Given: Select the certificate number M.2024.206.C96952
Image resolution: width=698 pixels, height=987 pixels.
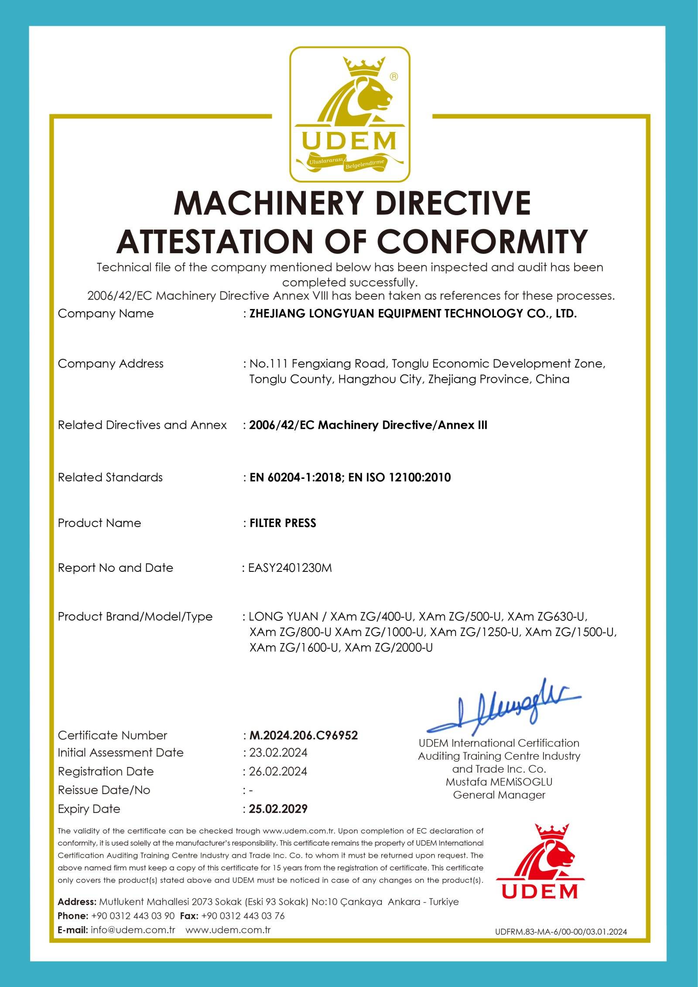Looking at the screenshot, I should point(304,736).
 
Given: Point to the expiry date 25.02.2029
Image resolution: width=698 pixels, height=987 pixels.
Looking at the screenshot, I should point(278,809).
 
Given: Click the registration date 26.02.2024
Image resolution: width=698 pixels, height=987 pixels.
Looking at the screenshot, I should point(278,771).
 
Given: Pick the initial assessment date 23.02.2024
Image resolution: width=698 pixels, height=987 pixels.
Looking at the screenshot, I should point(278,753).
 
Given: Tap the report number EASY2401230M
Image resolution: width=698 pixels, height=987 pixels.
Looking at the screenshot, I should point(290,568).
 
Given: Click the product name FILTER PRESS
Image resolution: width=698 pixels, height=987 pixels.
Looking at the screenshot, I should point(283,523).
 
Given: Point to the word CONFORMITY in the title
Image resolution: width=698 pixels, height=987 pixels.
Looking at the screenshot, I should point(482,241).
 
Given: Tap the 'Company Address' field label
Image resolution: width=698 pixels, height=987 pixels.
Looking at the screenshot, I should point(110,364).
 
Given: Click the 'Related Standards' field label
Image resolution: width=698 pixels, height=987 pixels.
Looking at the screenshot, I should point(110,478).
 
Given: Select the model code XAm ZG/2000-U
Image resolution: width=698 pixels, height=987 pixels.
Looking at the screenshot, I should point(389,648).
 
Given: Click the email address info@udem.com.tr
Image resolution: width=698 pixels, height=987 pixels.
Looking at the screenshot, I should point(133,929).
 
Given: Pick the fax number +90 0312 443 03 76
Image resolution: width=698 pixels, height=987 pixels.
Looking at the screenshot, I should point(243,915).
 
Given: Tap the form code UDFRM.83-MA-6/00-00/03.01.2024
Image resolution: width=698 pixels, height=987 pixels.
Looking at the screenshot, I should point(561,932).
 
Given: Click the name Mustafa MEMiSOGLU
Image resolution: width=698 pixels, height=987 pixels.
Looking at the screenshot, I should point(499,782).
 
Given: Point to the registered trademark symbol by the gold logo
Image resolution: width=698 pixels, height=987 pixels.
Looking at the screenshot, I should point(393,77).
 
